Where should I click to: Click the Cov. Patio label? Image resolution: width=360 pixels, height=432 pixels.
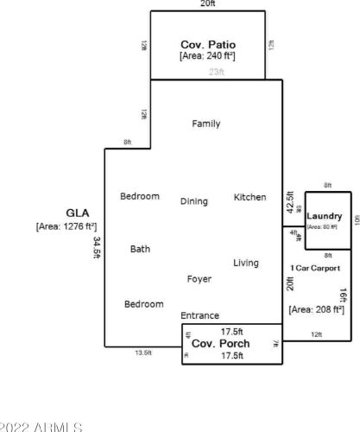point(207,43)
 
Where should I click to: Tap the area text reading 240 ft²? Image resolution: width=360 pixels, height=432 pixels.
point(207,55)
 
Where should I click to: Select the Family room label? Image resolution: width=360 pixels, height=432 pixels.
point(205,124)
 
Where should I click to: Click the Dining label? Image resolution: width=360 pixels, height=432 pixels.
point(193,201)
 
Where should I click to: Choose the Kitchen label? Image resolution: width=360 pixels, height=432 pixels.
point(249,197)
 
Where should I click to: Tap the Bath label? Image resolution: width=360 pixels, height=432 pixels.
point(140,249)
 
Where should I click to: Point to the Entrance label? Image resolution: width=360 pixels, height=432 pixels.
point(199,315)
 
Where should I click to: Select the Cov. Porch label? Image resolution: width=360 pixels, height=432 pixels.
point(221,344)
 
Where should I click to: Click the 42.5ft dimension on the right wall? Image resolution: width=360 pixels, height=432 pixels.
point(290,205)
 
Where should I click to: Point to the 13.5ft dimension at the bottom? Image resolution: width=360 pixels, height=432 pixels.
point(142,353)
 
